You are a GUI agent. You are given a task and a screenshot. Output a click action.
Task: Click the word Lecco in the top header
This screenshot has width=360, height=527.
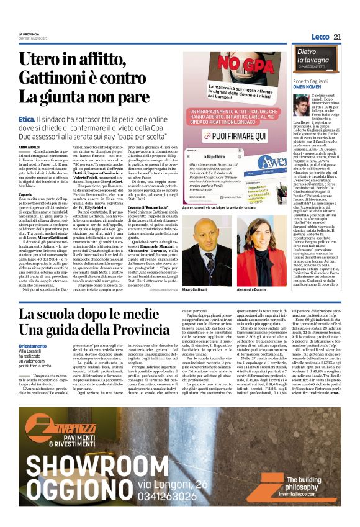[x=321, y=37]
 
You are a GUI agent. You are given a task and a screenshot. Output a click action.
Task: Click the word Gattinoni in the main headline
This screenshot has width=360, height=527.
[x=61, y=78]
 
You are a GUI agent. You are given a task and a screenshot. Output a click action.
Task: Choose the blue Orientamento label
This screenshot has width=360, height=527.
[x=32, y=346]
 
